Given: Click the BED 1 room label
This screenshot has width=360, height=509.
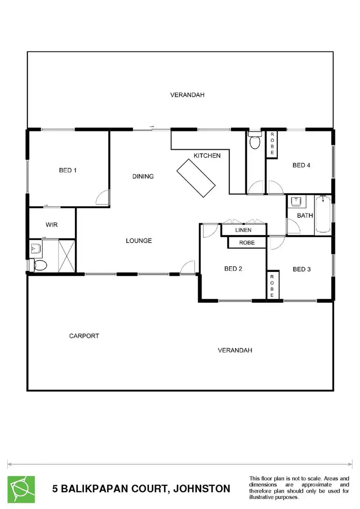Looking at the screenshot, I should point(68,170).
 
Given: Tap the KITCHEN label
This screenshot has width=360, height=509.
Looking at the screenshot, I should point(207,155).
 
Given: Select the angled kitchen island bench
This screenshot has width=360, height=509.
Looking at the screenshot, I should point(196,178).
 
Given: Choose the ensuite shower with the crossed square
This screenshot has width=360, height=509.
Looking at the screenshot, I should point(67,255).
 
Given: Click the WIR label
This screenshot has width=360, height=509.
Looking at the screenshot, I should point(52,225).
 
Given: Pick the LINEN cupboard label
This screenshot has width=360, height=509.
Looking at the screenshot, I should point(243,231).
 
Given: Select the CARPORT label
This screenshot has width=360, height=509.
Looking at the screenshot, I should point(84,336).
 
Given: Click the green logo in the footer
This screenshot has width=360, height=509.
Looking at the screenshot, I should point(21,489).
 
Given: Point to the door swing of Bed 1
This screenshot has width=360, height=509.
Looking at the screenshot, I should point(103,197).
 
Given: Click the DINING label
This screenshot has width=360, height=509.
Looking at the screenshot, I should point(143,176).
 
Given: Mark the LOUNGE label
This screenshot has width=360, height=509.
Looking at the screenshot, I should point(139,240).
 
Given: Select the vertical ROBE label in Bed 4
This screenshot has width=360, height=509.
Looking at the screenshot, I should point(272,143).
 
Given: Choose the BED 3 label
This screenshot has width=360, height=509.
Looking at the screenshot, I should point(302,269).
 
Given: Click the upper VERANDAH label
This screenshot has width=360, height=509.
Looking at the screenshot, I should point(187,95).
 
